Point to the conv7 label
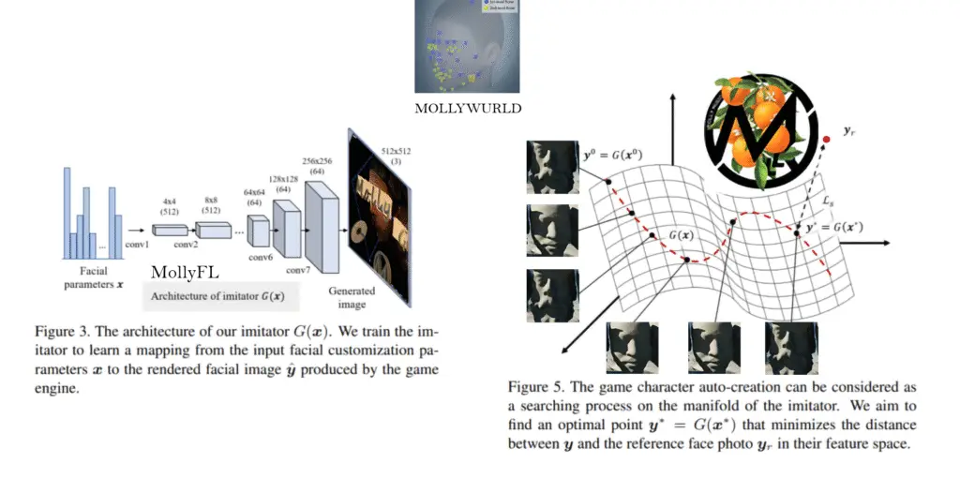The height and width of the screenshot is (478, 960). click(298, 271)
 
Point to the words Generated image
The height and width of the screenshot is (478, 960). click(352, 297)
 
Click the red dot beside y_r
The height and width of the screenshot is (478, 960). click(825, 141)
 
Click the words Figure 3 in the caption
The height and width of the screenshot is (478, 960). click(63, 329)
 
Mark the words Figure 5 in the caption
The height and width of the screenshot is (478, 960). click(536, 386)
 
